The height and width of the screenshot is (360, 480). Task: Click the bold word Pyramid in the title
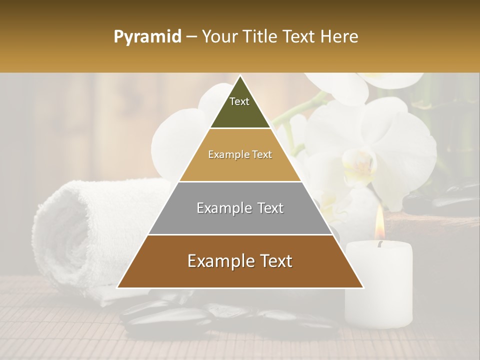coord(147,36)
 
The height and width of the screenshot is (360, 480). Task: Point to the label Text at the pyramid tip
coord(239,101)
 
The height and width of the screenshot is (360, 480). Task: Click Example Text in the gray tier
coord(240,208)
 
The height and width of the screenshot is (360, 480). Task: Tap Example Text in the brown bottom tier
coord(240,261)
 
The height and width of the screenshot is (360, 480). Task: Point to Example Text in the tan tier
coord(240,154)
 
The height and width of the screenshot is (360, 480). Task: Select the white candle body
coord(379,285)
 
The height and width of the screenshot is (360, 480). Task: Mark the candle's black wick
coord(379,244)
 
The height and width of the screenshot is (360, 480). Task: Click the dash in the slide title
coord(191,37)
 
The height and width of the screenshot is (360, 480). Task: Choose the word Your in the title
coord(219,36)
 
